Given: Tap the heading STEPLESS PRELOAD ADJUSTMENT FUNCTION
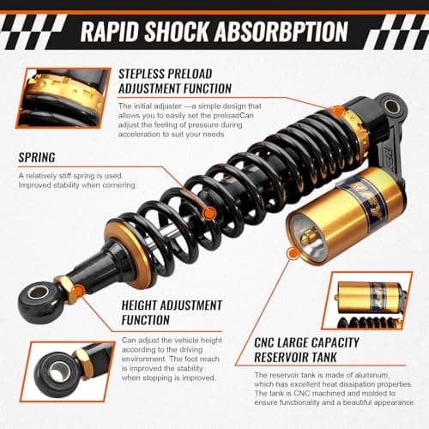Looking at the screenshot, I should coord(175,82).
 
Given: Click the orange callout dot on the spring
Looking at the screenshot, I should coord(209,213).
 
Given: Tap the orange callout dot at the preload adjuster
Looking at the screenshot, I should coord(338,112).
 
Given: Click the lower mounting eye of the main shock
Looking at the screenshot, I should coord(38,293).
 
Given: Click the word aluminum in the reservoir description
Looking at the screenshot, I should coord(388,375).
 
